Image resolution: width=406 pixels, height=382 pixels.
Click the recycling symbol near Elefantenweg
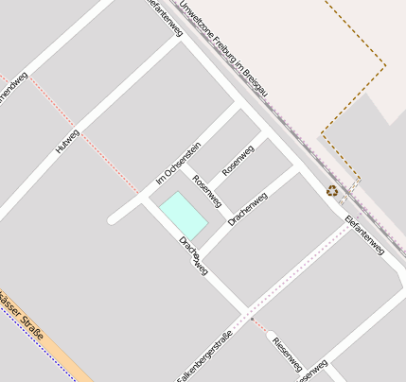(333, 190)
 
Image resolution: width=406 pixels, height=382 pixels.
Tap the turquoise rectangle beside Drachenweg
(182, 215)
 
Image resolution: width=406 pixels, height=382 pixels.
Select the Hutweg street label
(67, 140)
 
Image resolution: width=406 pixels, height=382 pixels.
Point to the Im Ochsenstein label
(178, 163)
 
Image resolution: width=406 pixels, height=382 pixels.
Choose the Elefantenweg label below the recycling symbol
(364, 235)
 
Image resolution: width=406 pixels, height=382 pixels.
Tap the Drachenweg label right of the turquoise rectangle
(248, 207)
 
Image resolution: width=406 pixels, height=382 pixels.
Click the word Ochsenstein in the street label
(184, 157)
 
